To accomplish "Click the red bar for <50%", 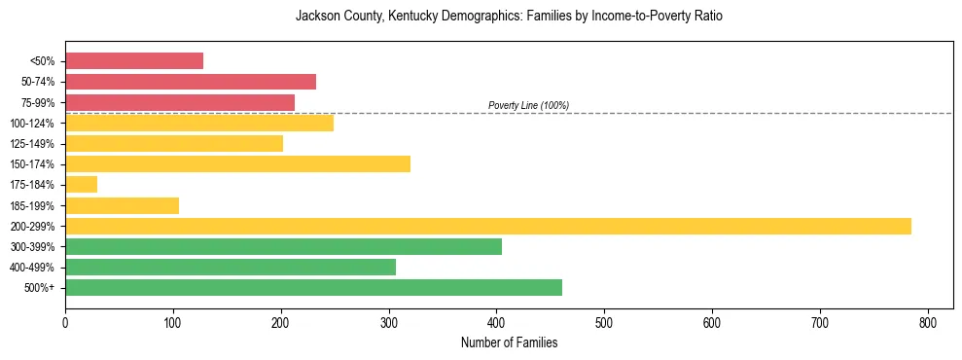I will click(134, 61).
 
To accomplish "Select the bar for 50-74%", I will click(191, 82).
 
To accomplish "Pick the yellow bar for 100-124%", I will click(199, 123).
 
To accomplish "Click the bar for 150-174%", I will click(237, 163).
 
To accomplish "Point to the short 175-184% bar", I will click(81, 184).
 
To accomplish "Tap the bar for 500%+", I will click(313, 287).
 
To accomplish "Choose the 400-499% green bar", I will click(231, 267).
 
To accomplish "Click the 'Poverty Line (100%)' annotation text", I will click(528, 105).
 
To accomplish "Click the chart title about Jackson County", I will click(509, 17).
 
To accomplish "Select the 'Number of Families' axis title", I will click(509, 342).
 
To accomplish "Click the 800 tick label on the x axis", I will click(928, 322).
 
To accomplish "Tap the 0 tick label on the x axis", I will click(65, 322).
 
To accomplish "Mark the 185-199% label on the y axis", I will click(37, 205).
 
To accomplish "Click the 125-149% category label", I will click(37, 144).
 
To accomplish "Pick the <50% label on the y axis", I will click(43, 61).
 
